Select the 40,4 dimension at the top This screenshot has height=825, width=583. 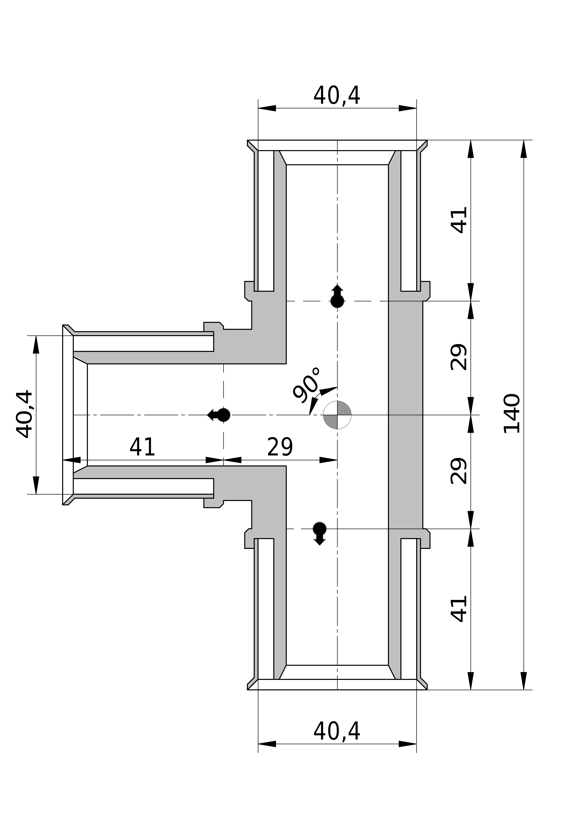pos(337,96)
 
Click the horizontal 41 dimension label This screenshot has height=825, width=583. pos(142,447)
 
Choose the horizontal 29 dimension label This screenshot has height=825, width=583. pos(280,447)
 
